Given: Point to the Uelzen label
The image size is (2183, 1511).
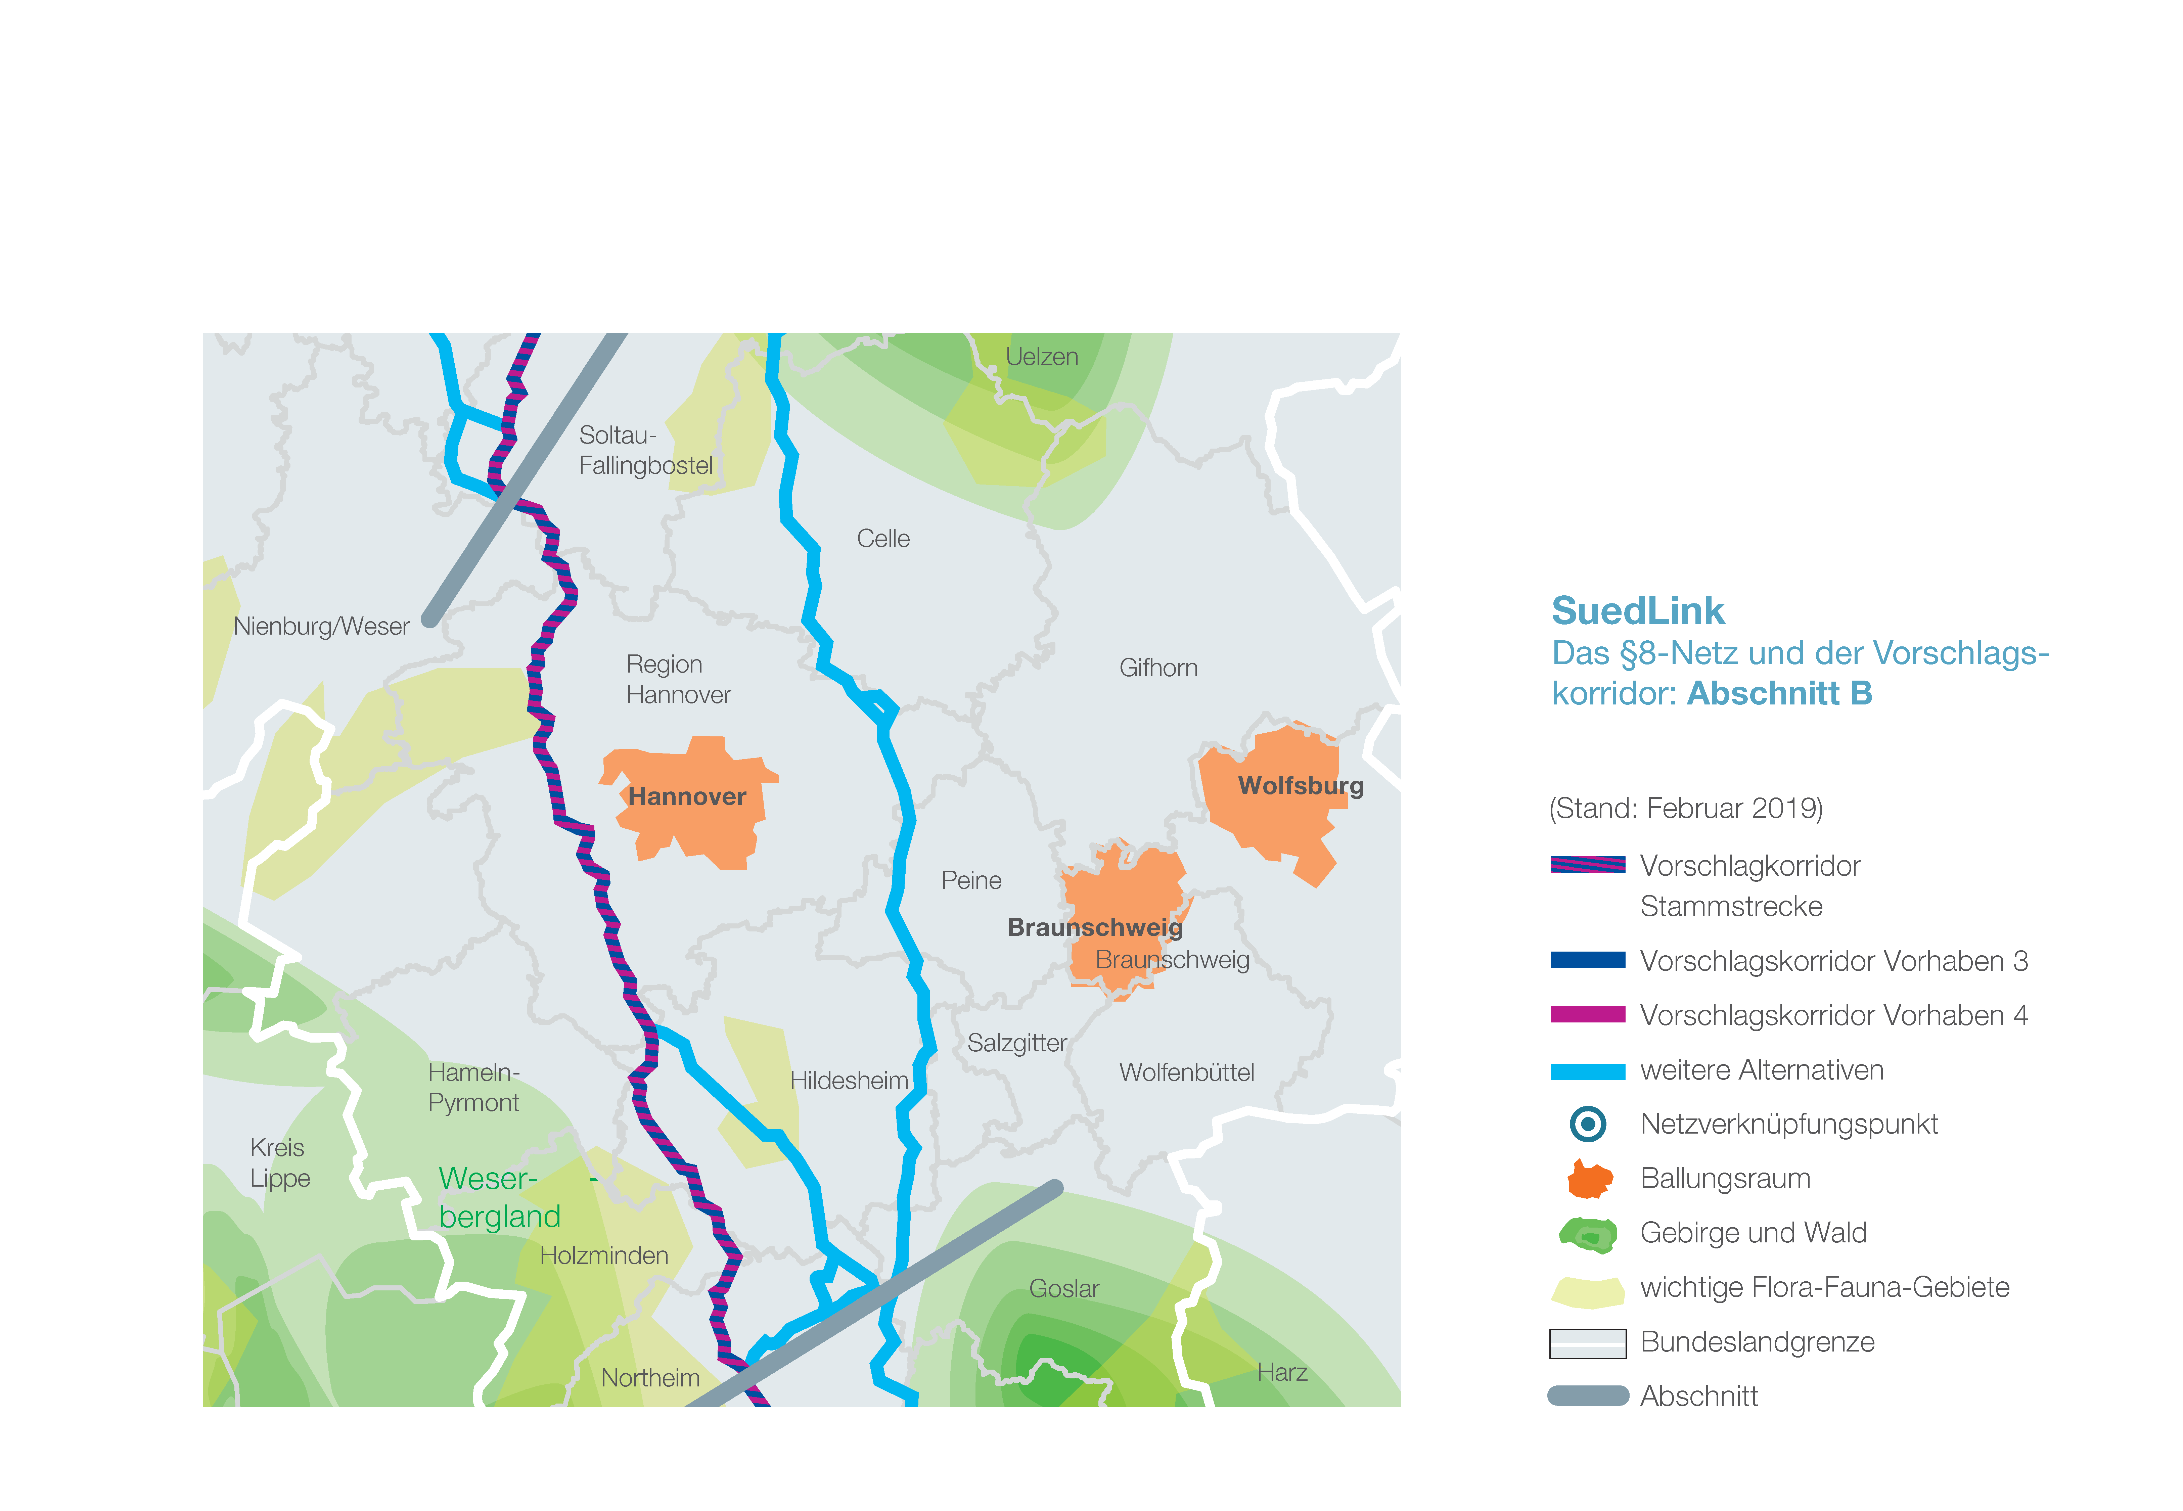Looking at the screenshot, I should click(x=1041, y=357).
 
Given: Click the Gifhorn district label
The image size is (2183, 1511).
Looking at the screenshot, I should click(x=1158, y=669).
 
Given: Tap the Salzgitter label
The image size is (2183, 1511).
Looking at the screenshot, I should click(x=1017, y=1043).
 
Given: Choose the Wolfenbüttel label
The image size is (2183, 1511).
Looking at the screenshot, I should click(x=1186, y=1073).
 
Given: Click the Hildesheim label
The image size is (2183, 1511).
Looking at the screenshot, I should click(x=848, y=1080).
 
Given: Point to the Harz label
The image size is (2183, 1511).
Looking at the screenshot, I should click(x=1282, y=1373).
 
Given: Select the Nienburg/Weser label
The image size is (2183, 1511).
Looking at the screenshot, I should click(x=321, y=627).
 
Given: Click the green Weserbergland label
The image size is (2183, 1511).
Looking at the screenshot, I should click(x=499, y=1198).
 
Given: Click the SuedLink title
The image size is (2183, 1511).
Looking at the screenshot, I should click(x=1638, y=611).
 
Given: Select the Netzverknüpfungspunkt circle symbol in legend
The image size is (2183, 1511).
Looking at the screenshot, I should click(x=1588, y=1124).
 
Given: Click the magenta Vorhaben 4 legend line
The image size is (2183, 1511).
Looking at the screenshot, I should click(x=1588, y=1015).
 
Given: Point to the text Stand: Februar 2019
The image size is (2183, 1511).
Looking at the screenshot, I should click(x=1685, y=809).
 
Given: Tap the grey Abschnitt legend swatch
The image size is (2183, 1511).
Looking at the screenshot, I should click(x=1588, y=1395).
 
